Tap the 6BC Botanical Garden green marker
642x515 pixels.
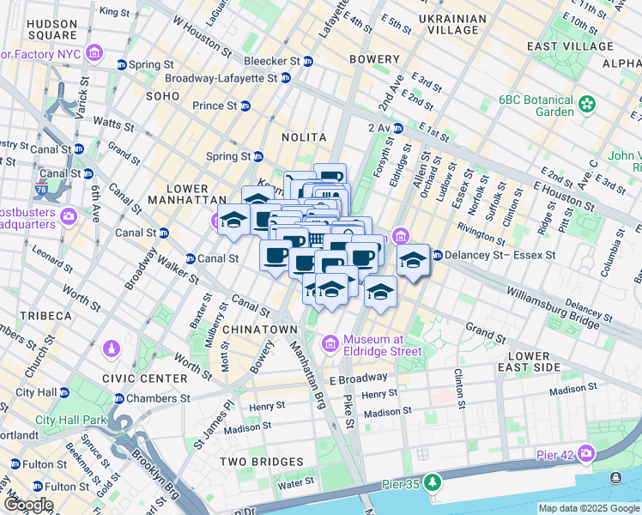(586, 105)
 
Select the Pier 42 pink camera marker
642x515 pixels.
(586, 452)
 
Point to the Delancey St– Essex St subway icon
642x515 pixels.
(437, 255)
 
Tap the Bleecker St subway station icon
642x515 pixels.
(308, 62)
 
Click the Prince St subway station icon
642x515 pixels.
(245, 106)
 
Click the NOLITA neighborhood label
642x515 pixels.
(304, 137)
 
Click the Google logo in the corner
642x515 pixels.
(27, 506)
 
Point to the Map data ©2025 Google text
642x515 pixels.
(588, 508)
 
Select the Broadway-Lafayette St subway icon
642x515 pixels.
(285, 77)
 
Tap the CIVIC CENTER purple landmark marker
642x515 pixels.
(111, 350)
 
